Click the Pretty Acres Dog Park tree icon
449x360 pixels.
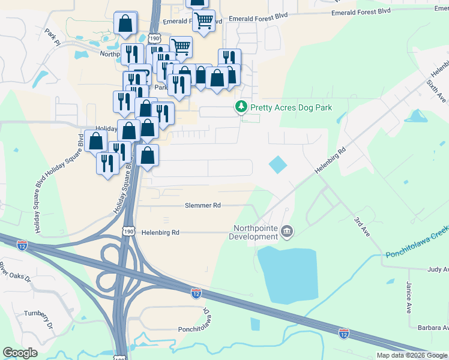click(241, 107)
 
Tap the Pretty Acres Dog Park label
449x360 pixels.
click(291, 108)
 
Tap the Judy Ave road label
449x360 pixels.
click(438, 270)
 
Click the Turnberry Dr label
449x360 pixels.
click(40, 319)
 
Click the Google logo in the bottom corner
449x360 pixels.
click(20, 353)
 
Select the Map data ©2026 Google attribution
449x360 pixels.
click(412, 355)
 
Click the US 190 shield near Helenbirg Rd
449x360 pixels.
click(127, 232)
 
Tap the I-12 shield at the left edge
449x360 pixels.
click(22, 245)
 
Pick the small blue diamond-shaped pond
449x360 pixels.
click(277, 164)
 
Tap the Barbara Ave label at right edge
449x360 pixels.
click(433, 328)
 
